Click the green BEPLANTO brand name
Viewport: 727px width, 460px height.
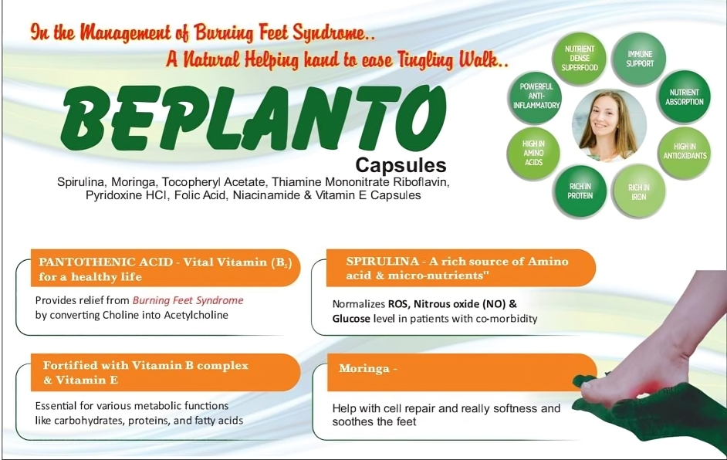(x=253, y=119)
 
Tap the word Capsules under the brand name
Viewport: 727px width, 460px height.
(x=401, y=165)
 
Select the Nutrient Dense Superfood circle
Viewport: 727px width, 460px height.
(x=579, y=59)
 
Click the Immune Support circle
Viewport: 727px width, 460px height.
(x=639, y=59)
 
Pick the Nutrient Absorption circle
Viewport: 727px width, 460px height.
(x=684, y=97)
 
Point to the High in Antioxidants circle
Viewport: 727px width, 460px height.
(x=685, y=151)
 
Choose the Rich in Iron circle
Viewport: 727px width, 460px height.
(x=638, y=192)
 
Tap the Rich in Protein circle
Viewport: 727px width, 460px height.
(x=580, y=191)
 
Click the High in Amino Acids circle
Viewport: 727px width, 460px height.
(x=533, y=153)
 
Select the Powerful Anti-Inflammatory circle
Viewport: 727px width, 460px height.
(x=536, y=96)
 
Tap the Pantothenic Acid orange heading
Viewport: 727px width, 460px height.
(x=165, y=269)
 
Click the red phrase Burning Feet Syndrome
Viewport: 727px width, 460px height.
(x=188, y=300)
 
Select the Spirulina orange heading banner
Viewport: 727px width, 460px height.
(x=461, y=269)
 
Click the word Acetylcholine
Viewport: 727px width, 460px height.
(x=196, y=316)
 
